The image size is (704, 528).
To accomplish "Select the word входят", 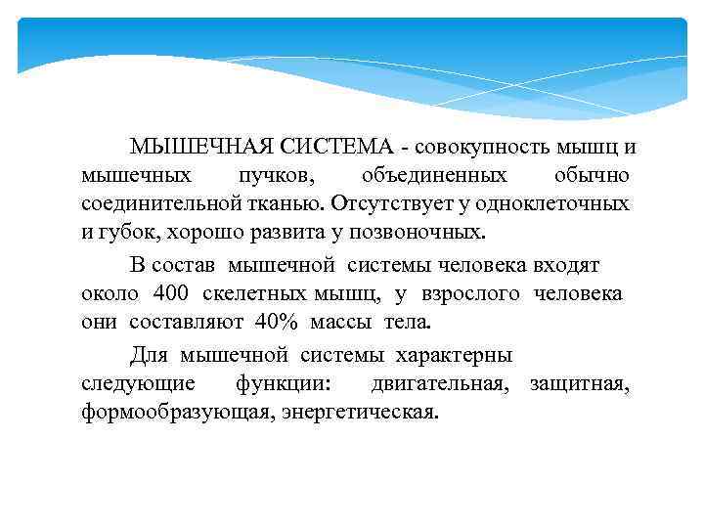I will point(567,265).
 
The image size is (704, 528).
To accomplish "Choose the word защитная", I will point(579,382).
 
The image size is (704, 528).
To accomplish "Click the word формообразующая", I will point(178,412).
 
